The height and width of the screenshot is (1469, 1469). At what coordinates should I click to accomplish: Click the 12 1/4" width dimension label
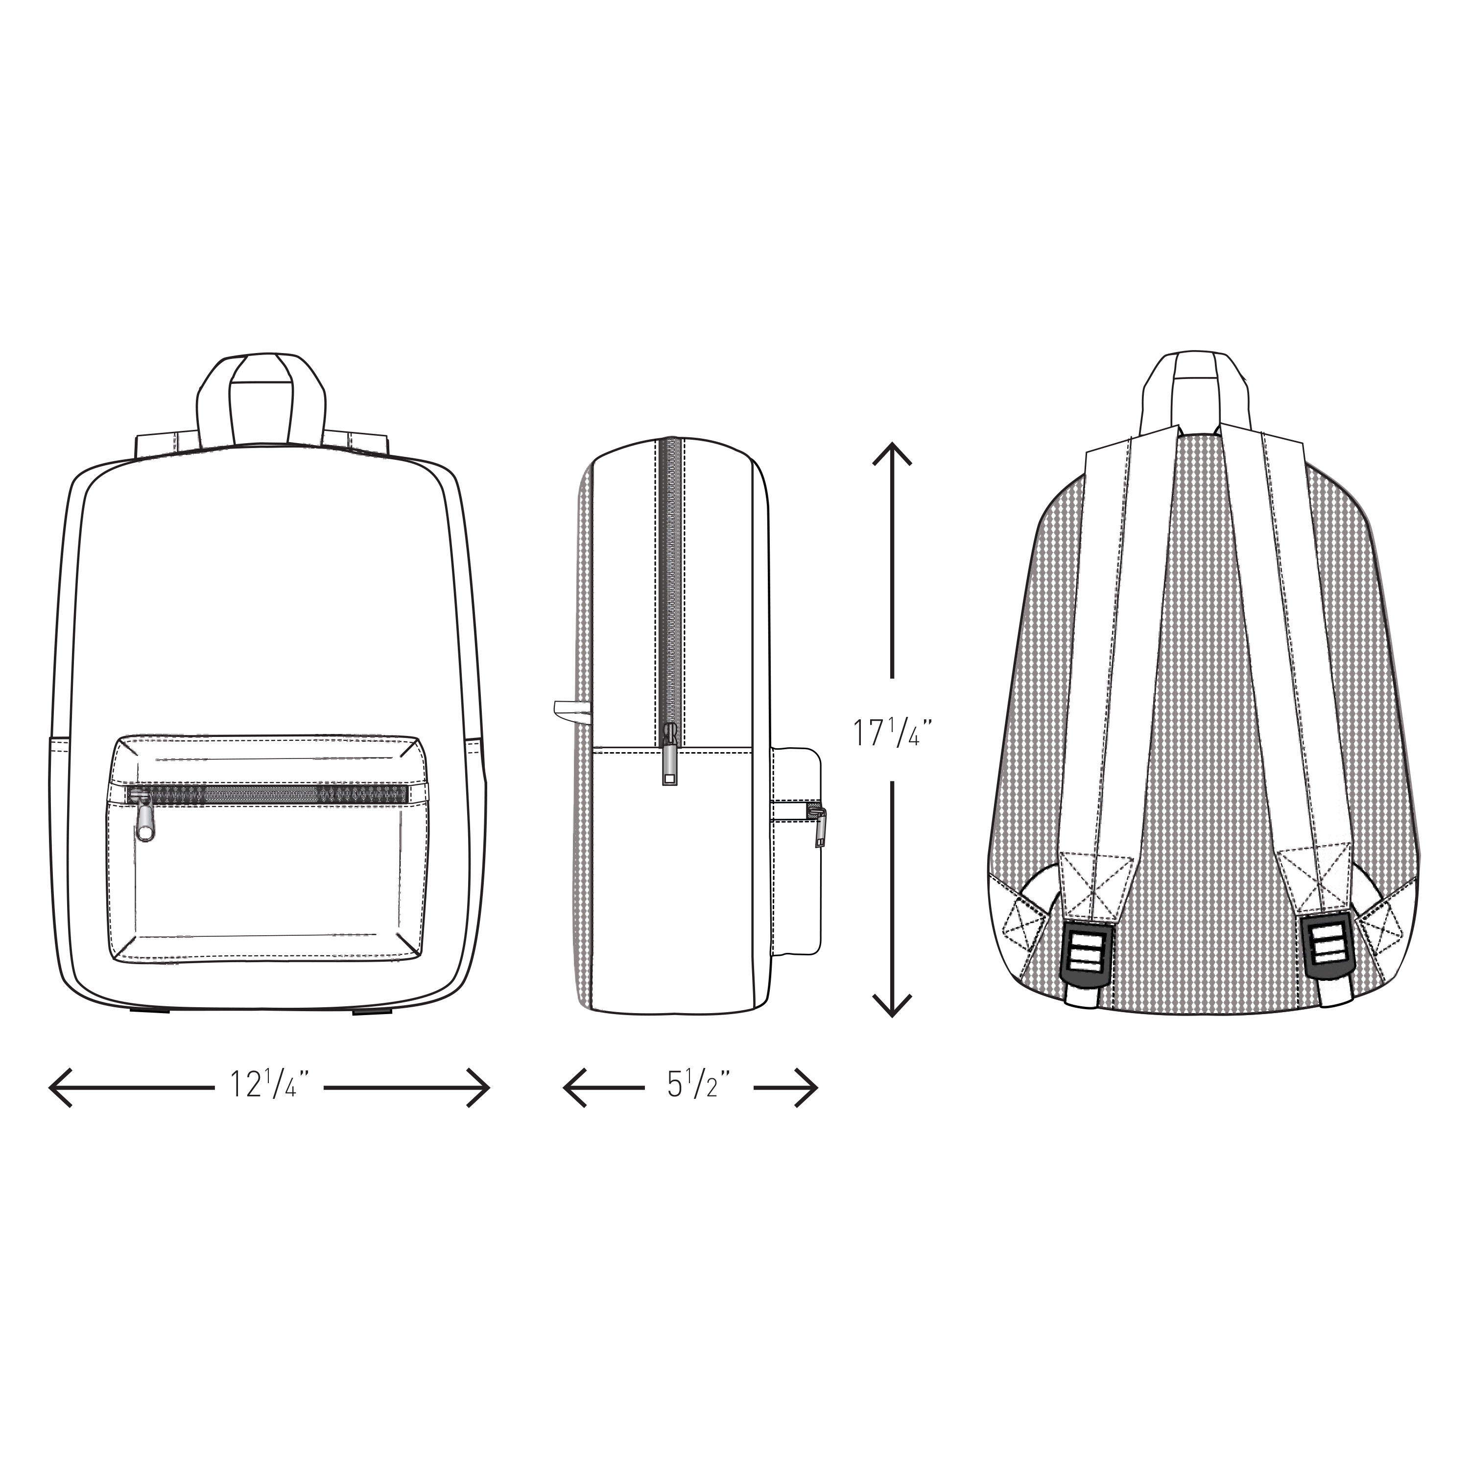point(270,1086)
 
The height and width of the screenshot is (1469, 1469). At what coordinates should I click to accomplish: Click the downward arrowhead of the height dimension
point(891,1005)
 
